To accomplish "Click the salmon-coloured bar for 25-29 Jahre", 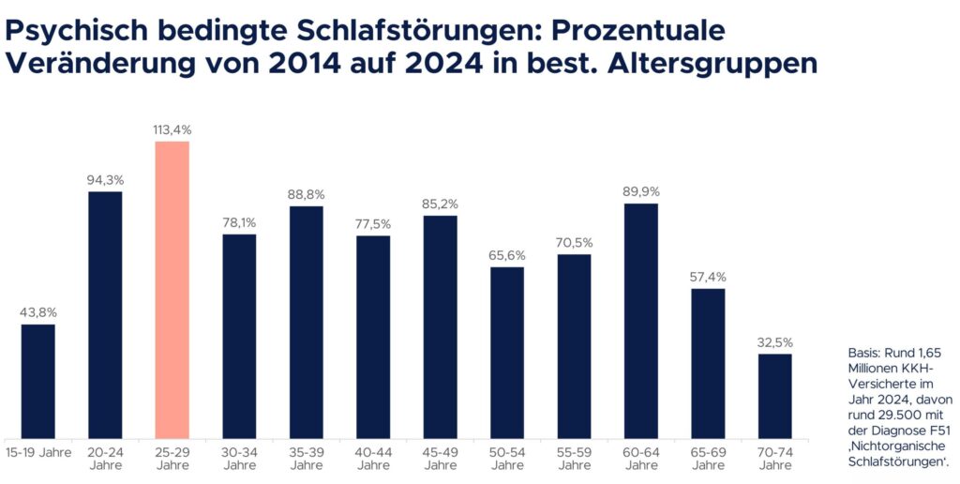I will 172,289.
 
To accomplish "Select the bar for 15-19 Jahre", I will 38,380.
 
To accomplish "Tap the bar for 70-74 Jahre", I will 775,395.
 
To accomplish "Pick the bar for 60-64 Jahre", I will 641,320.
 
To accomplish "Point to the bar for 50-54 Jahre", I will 507,352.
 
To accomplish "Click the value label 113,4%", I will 172,129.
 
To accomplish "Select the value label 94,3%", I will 106,179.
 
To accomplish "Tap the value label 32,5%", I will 775,341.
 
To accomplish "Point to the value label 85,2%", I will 441,203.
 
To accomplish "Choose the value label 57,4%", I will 709,277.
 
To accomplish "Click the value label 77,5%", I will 373,223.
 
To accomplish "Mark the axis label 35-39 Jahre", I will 307,457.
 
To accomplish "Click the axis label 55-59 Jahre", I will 575,457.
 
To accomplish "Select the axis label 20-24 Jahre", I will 106,457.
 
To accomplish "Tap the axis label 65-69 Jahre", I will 709,457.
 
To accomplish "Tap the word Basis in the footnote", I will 863,352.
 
